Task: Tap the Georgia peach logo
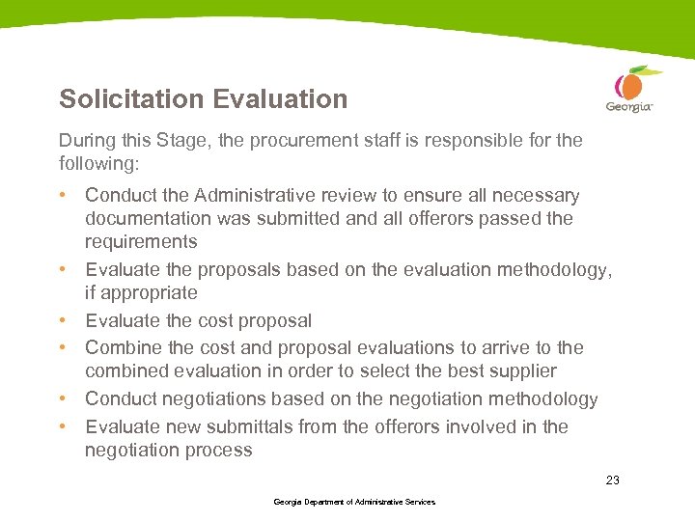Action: [630, 89]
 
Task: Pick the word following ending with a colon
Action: [99, 163]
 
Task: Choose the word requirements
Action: [141, 242]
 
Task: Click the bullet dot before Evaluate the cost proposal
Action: [63, 320]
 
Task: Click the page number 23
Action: [612, 480]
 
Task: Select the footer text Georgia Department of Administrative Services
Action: [354, 502]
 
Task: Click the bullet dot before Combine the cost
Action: [63, 347]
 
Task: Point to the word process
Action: [220, 450]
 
